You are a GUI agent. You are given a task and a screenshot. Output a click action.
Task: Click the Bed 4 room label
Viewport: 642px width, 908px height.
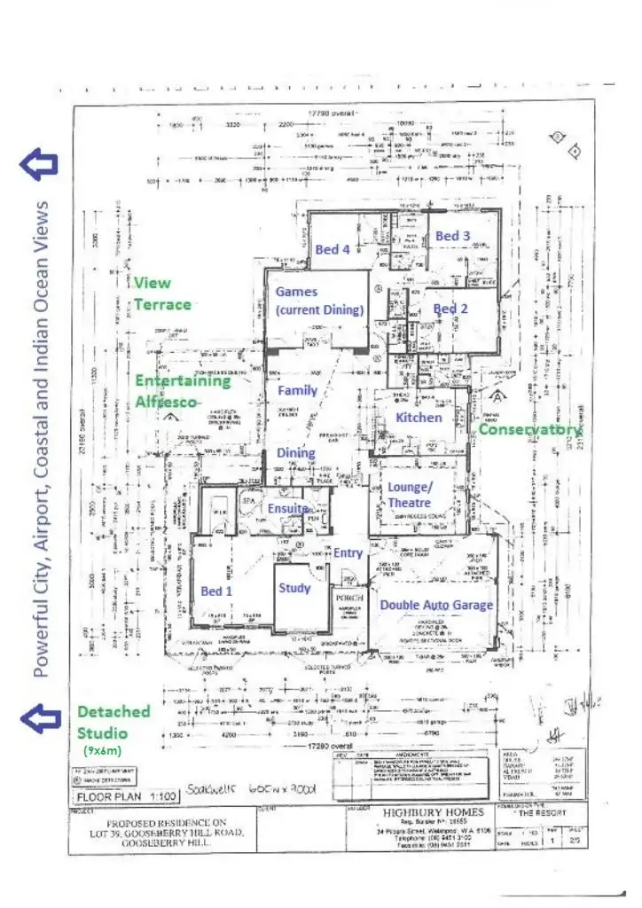click(333, 250)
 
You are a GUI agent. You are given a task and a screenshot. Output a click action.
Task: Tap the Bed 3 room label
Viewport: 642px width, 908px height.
click(452, 236)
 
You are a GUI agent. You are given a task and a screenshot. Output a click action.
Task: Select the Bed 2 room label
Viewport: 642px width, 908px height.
click(450, 309)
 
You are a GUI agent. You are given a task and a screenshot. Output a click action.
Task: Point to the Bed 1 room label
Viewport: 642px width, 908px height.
click(216, 591)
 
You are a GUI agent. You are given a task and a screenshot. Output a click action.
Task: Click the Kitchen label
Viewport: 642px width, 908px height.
click(419, 417)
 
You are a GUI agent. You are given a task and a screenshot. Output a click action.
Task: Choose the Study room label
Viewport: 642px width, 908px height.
click(294, 587)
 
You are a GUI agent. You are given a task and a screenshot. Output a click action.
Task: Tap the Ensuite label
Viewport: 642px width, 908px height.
click(289, 509)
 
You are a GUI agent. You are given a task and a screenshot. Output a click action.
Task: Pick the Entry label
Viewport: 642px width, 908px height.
click(348, 552)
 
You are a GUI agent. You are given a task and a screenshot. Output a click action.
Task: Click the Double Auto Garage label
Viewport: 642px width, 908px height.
click(436, 605)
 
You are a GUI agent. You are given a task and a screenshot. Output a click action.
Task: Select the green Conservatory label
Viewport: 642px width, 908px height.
click(530, 429)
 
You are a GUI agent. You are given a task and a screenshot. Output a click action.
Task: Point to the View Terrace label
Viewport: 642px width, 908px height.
click(162, 294)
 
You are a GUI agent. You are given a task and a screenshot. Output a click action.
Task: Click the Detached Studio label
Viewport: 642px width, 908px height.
click(114, 722)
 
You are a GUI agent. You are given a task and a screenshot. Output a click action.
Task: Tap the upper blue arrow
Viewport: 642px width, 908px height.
click(40, 162)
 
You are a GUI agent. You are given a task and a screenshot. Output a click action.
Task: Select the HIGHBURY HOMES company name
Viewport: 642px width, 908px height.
click(434, 812)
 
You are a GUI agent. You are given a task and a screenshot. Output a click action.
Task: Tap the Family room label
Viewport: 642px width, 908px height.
click(297, 390)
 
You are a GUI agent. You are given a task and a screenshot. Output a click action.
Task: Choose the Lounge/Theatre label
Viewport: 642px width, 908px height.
click(410, 495)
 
